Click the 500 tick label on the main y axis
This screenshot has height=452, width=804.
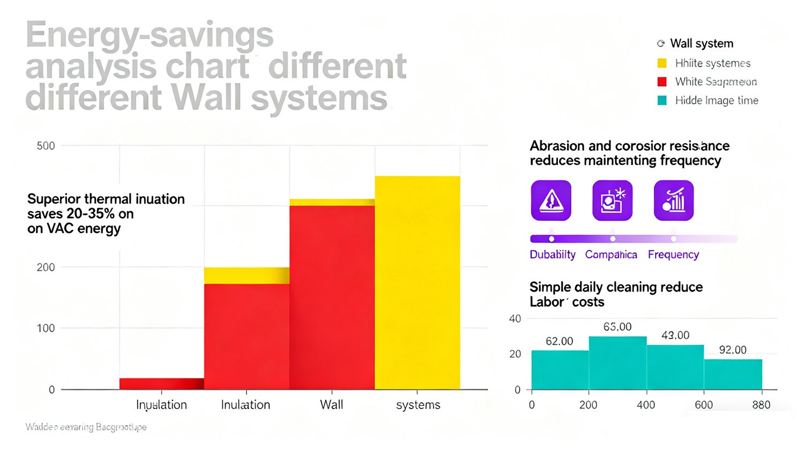pos(46,146)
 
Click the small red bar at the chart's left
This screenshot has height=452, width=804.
pos(161,383)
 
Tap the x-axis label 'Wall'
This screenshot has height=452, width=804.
pos(331,405)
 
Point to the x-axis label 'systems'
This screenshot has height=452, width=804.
pos(418,405)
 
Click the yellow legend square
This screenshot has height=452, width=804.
pos(662,63)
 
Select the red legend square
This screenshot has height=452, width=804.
pos(662,81)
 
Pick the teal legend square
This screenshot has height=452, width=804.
pos(662,100)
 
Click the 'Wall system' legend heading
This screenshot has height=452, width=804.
pos(702,43)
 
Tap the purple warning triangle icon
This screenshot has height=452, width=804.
pos(551,201)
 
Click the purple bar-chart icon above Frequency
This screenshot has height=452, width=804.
pos(674,201)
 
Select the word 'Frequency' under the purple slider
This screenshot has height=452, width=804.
pos(673,255)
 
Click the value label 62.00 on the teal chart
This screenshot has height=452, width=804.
pos(559,342)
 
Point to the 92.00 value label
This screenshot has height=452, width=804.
pos(733,350)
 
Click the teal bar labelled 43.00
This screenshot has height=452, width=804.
pos(675,367)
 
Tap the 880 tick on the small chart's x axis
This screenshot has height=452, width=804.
pos(761,405)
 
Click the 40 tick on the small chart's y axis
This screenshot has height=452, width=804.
pos(515,319)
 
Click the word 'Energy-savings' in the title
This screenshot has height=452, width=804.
pos(150,35)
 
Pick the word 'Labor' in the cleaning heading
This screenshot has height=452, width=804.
pos(547,302)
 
